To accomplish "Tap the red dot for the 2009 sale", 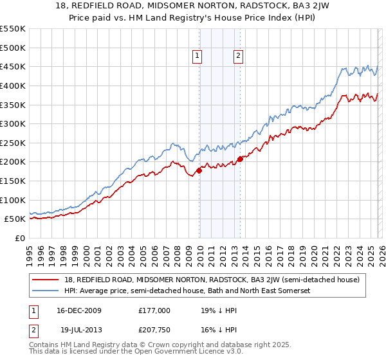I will click(199, 170).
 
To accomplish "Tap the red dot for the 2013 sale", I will click(240, 159).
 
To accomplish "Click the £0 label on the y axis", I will click(20, 238).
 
